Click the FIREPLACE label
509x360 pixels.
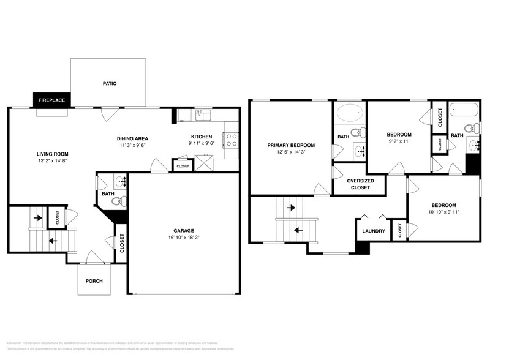[52, 100]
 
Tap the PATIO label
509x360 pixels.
[109, 83]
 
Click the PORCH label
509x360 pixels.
[94, 281]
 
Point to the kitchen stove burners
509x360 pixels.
[232, 140]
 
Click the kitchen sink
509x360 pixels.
[203, 115]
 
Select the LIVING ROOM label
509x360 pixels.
[52, 154]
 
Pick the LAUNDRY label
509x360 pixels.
[374, 231]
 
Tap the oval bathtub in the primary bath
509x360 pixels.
[349, 114]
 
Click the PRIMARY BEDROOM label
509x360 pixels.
[291, 145]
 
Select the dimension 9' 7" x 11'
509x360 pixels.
[399, 141]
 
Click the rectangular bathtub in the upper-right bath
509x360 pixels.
[463, 111]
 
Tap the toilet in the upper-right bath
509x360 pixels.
[470, 129]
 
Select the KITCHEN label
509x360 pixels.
[202, 137]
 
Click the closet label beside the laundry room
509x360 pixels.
[400, 230]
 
